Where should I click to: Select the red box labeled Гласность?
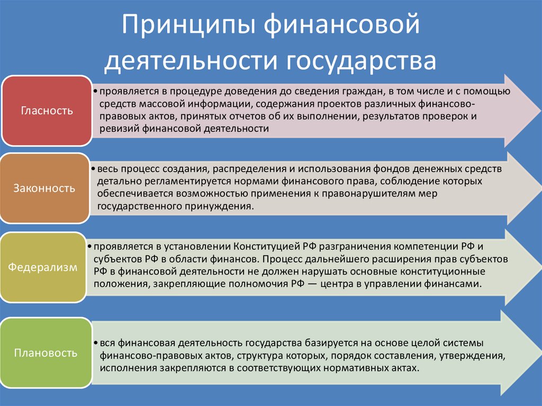tap(47, 111)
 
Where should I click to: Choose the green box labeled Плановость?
tap(46, 352)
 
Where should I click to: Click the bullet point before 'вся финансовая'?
tap(94, 343)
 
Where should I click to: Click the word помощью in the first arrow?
tap(492, 91)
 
